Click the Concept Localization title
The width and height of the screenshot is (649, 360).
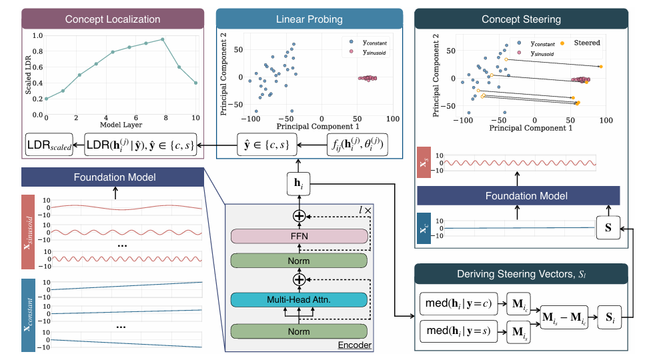[112, 19]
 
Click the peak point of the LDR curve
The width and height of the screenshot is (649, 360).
[162, 39]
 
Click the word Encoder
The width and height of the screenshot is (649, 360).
[354, 345]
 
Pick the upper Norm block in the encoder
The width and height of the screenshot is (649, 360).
[299, 260]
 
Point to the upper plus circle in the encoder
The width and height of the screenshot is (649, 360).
[299, 216]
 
